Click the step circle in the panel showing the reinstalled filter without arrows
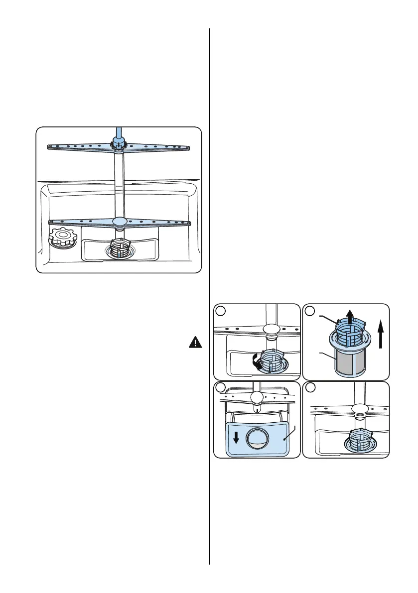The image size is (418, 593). [x=309, y=388]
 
